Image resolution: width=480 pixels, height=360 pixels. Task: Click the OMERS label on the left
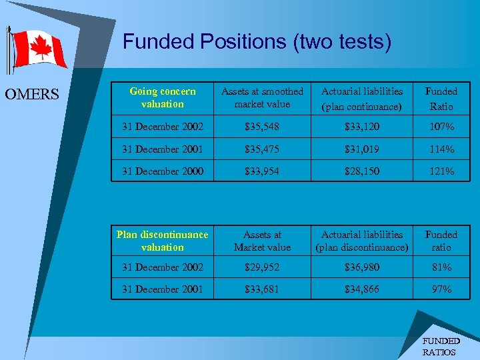click(x=32, y=95)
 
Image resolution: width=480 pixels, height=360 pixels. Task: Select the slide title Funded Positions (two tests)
click(x=257, y=42)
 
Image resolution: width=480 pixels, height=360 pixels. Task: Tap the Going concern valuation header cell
click(x=163, y=97)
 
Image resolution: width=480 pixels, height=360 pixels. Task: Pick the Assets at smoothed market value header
click(x=262, y=97)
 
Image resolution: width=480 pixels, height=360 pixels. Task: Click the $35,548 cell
click(x=262, y=127)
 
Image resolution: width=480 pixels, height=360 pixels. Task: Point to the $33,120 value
click(x=362, y=127)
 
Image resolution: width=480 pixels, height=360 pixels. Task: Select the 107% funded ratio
click(x=441, y=127)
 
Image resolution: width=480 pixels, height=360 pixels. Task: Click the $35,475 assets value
click(x=262, y=149)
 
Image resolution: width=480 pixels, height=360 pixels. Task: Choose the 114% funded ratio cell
click(x=441, y=149)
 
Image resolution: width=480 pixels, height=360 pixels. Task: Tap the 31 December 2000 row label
click(x=163, y=171)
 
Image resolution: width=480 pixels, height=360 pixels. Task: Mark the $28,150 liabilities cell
click(x=362, y=171)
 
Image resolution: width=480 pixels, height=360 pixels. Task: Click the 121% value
click(x=441, y=171)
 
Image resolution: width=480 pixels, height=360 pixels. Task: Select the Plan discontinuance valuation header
click(x=163, y=241)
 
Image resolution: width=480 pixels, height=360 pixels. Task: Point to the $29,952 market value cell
click(x=262, y=267)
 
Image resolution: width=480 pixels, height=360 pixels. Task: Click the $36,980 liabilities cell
click(x=362, y=267)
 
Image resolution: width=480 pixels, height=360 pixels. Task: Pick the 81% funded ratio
click(x=441, y=267)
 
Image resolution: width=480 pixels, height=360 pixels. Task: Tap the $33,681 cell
click(x=262, y=289)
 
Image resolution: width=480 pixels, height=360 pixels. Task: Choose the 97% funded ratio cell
click(x=441, y=289)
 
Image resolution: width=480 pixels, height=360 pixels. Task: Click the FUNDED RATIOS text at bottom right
click(x=441, y=346)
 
